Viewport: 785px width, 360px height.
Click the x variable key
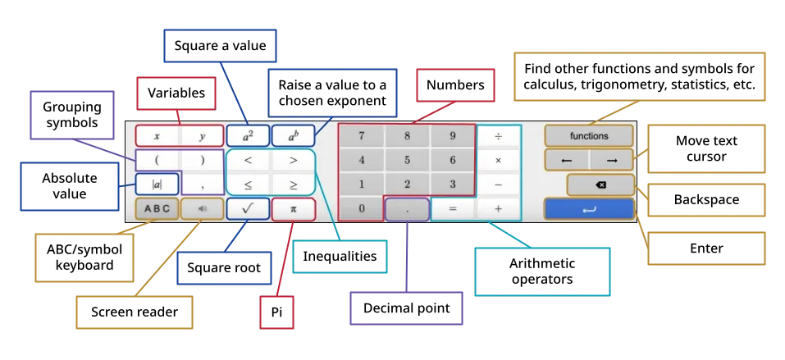[x=157, y=136]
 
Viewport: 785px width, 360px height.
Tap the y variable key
[x=202, y=136]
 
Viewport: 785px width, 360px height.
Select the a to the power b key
[x=294, y=136]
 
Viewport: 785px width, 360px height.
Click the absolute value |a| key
[x=157, y=185]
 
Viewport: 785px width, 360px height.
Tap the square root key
[x=248, y=208]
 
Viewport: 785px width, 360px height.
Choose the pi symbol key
[x=294, y=208]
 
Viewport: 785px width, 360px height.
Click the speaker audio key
[x=202, y=208]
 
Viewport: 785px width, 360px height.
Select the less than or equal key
[x=248, y=185]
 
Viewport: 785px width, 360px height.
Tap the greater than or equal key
[x=294, y=185]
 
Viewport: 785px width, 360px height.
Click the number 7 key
[x=362, y=136]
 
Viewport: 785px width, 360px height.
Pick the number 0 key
[x=362, y=208]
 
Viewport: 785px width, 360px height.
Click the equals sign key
[x=453, y=208]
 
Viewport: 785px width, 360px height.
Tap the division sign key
[x=498, y=136]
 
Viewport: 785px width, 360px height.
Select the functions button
[x=589, y=136]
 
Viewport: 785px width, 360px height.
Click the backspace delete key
[x=600, y=185]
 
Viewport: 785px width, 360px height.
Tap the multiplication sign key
[x=498, y=160]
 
